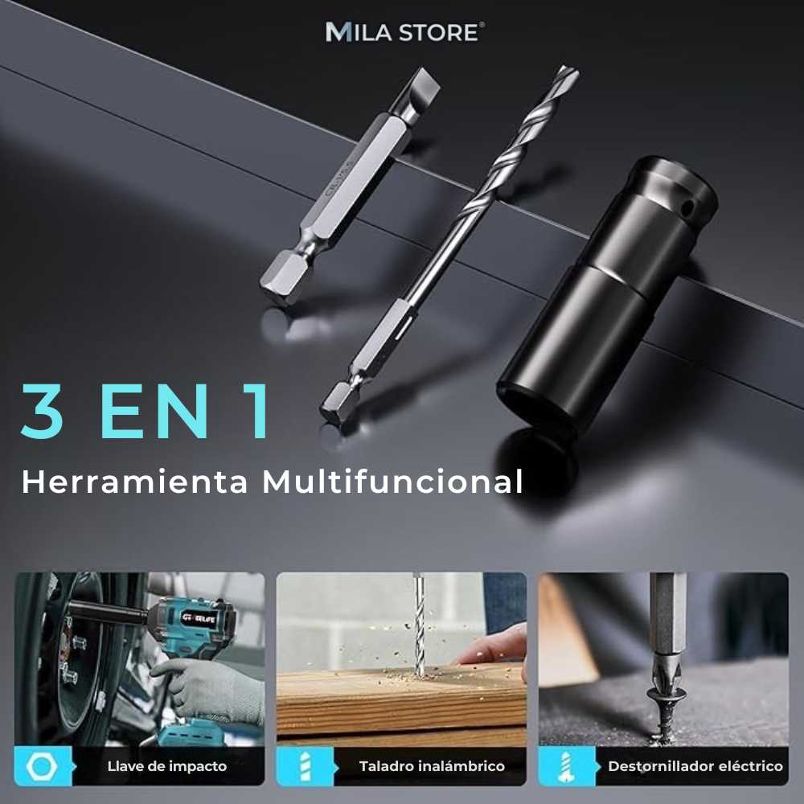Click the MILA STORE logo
click(404, 32)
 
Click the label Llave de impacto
click(167, 766)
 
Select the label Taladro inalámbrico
click(432, 766)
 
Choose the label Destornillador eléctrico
click(695, 766)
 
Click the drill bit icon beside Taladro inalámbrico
click(303, 766)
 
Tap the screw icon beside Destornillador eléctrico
click(565, 766)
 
